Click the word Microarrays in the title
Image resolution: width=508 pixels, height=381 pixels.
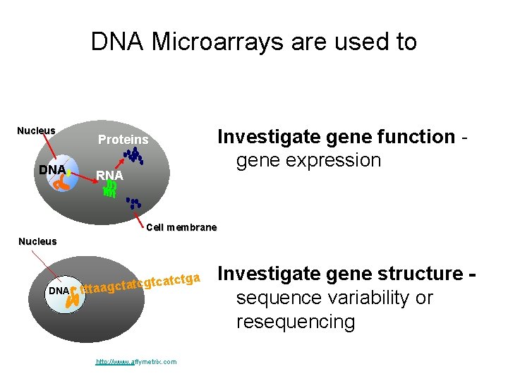(213, 42)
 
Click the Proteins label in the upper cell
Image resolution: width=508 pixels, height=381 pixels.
(123, 140)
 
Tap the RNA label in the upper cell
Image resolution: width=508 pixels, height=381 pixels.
(109, 174)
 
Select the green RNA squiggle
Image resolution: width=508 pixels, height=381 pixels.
(110, 189)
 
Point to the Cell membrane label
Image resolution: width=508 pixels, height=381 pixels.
(181, 227)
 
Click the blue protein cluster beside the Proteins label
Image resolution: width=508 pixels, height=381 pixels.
(133, 157)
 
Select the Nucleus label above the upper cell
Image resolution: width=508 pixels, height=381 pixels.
(36, 131)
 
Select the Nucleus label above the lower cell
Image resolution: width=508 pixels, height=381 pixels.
(37, 241)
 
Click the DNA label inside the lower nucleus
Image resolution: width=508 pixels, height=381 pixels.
(58, 291)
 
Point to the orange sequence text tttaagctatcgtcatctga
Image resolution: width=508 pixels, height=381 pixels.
(141, 282)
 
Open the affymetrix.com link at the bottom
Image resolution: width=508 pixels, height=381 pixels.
(136, 362)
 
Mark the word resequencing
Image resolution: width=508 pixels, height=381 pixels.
(296, 322)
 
